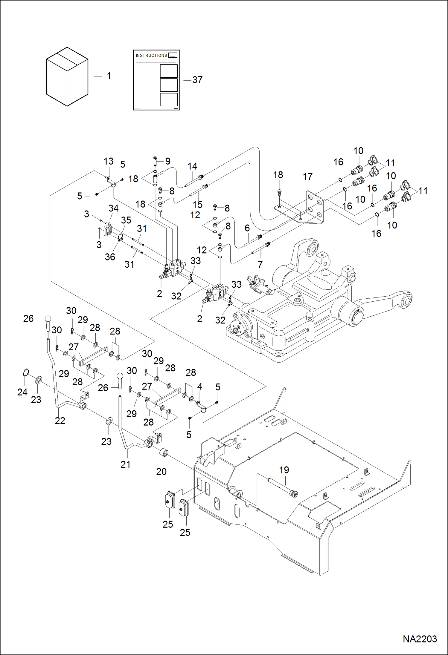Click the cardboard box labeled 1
click(67, 76)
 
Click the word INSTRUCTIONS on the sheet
click(151, 56)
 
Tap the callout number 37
click(197, 80)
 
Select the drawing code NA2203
click(420, 639)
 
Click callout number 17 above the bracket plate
click(307, 177)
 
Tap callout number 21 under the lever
click(125, 464)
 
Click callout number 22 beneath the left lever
click(60, 421)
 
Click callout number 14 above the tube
click(192, 166)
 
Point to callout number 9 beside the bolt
click(168, 161)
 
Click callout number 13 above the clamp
click(108, 161)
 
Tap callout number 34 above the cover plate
click(113, 208)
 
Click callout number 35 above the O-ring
click(126, 220)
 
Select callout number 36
click(110, 257)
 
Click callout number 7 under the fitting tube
click(260, 264)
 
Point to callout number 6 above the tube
click(247, 228)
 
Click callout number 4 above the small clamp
click(199, 386)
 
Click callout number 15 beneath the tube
click(197, 205)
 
